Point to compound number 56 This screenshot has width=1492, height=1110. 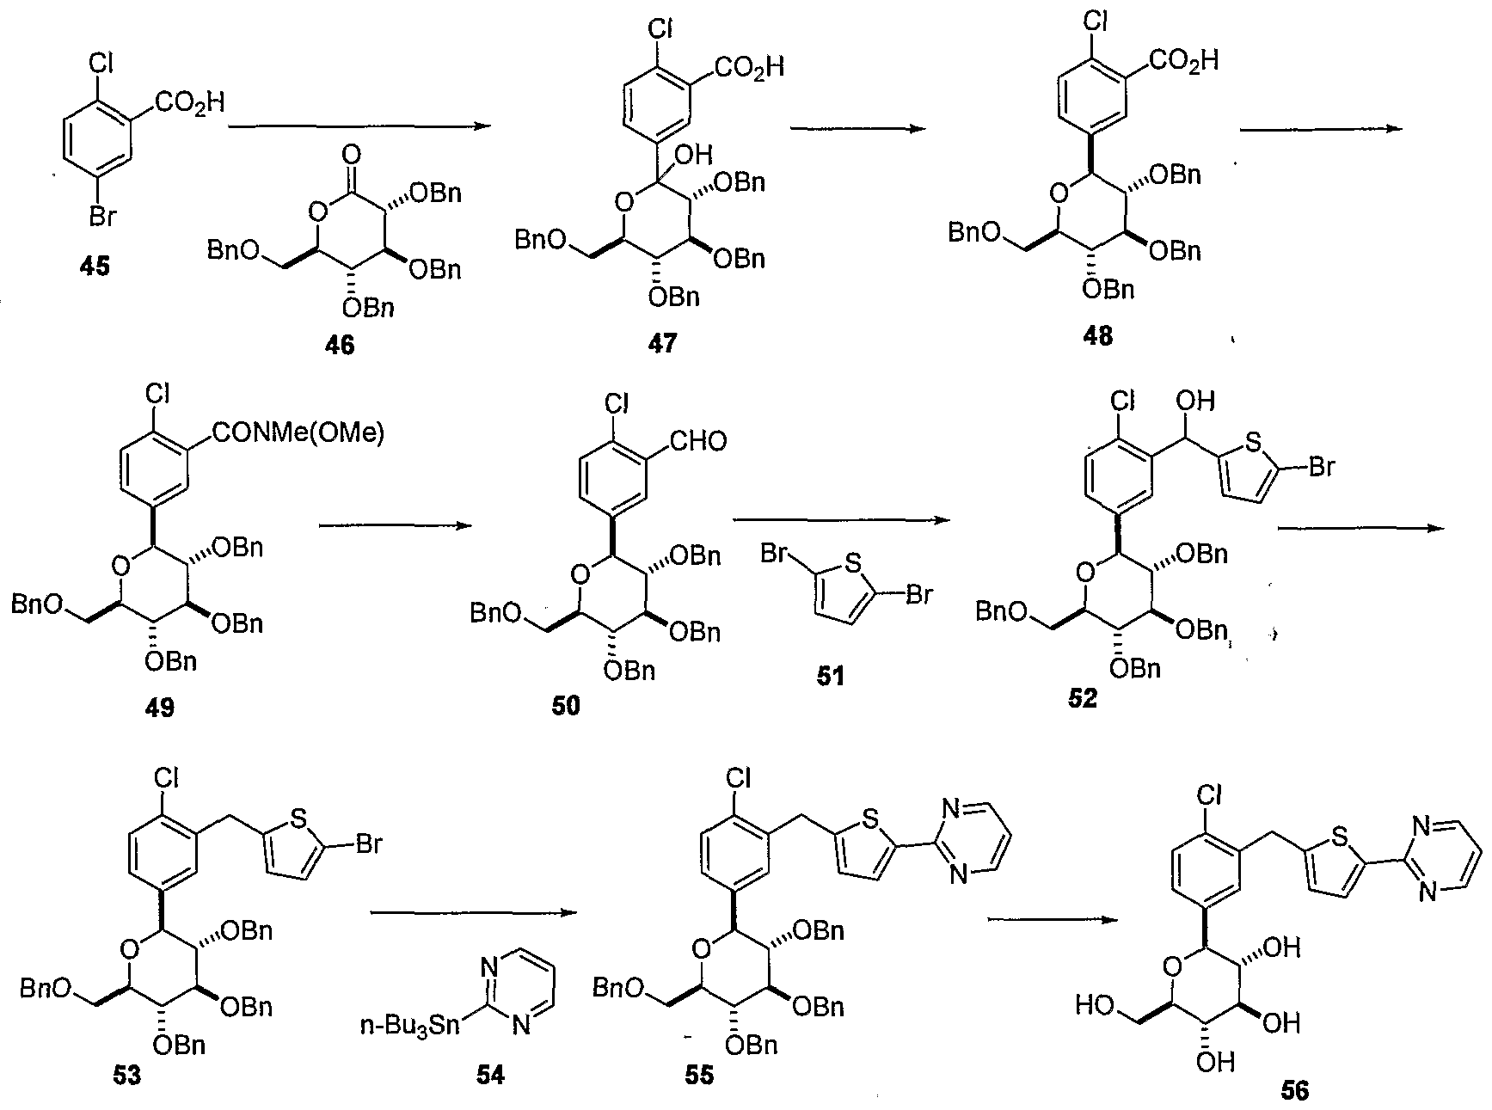point(1294,1090)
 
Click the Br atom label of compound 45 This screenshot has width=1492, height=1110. point(102,217)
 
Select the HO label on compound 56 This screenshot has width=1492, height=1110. point(1096,1004)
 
